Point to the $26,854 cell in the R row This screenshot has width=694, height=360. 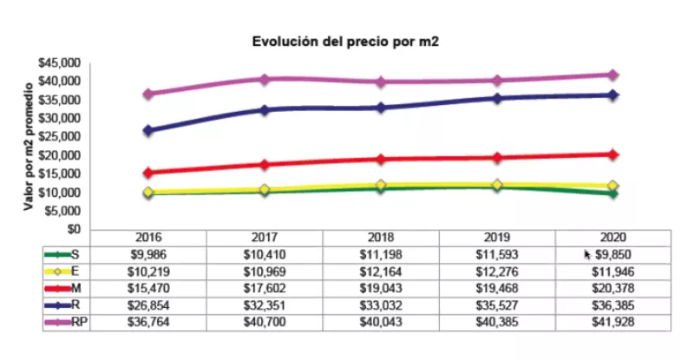(x=149, y=305)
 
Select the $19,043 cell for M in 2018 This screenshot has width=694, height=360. (x=381, y=288)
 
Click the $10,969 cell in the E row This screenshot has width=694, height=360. (x=265, y=272)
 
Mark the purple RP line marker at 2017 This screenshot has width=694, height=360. (x=265, y=79)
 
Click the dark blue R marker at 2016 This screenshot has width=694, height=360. (x=149, y=130)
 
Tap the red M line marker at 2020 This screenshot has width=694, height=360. (x=612, y=154)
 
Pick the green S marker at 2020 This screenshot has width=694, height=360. (x=612, y=193)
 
